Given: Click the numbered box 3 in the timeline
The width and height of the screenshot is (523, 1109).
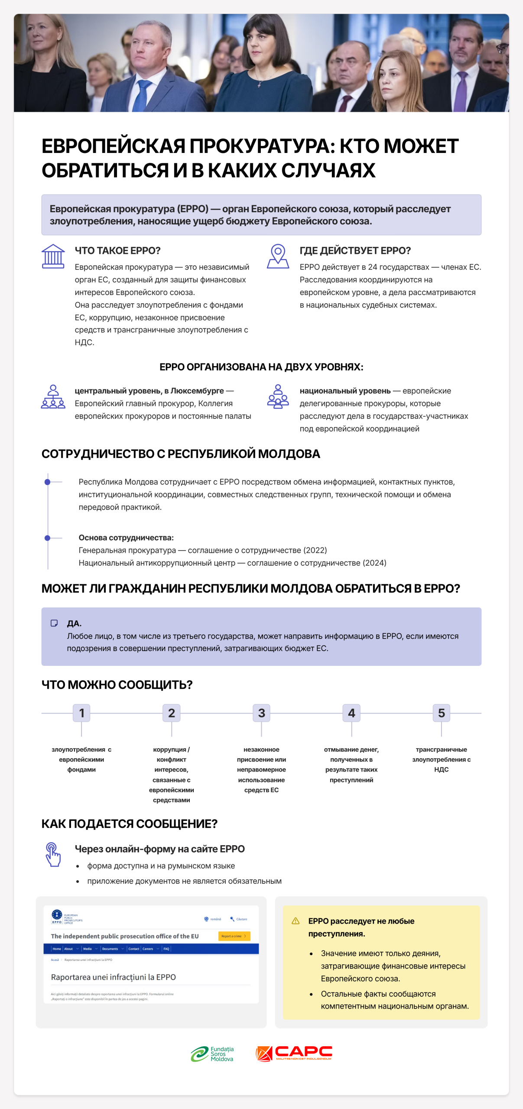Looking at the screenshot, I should pos(261,713).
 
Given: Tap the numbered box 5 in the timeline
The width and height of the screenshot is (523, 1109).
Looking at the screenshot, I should pos(441,713).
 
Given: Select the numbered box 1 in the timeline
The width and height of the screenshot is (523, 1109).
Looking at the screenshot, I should pos(81,713).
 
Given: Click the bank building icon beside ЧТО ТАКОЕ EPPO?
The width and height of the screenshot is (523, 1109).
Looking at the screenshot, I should pos(53,256).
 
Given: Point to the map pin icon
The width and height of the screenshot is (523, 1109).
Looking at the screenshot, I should pos(278,256).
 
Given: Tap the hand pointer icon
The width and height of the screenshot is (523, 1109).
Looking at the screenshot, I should pos(53,854).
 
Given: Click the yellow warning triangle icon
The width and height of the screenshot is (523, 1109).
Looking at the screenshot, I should pos(296,921).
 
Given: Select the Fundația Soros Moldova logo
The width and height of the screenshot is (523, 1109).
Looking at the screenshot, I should pos(212,1054).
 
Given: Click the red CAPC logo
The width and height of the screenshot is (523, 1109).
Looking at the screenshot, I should pos(294,1054).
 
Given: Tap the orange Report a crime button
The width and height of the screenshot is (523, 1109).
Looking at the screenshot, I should pos(234,936).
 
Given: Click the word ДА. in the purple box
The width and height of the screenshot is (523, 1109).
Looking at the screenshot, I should pos(74,623).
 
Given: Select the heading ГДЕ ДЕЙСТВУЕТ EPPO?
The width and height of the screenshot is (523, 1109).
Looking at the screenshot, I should pos(355,251).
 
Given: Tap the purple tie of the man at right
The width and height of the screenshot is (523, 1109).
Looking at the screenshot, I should pos(461,93).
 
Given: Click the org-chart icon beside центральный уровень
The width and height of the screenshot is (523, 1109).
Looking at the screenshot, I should pos(53,397).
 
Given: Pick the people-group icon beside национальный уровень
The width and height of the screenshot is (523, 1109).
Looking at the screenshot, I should pos(278,397).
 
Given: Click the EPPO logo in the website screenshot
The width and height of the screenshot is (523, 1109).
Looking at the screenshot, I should pos(57,916).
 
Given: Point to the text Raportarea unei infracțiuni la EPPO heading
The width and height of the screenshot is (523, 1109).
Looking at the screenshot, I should pos(113,977).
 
